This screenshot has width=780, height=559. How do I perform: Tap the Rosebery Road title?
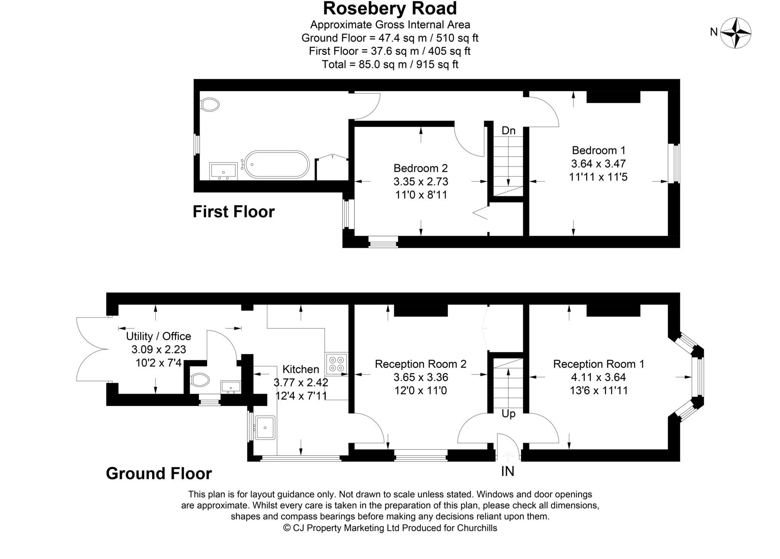pyautogui.click(x=390, y=8)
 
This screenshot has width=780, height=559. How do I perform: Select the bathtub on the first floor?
pyautogui.click(x=277, y=165)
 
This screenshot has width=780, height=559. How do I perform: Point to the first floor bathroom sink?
pyautogui.click(x=223, y=171)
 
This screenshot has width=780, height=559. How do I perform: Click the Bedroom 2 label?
pyautogui.click(x=420, y=168)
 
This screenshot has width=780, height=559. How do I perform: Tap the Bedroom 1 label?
pyautogui.click(x=598, y=150)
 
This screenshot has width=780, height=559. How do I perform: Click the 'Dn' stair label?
pyautogui.click(x=508, y=131)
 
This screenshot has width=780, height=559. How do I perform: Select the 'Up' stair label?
pyautogui.click(x=508, y=414)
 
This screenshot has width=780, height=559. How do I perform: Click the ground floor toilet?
pyautogui.click(x=200, y=380)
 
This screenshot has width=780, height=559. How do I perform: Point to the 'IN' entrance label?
pyautogui.click(x=507, y=472)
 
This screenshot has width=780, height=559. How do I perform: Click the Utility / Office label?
pyautogui.click(x=158, y=336)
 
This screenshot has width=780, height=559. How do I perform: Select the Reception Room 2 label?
pyautogui.click(x=420, y=364)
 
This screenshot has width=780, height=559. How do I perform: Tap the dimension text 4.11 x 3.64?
pyautogui.click(x=598, y=377)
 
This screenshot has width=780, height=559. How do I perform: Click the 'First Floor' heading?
pyautogui.click(x=233, y=212)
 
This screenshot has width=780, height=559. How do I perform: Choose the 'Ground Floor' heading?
pyautogui.click(x=159, y=474)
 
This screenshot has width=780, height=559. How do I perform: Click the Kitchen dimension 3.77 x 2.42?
pyautogui.click(x=301, y=382)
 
